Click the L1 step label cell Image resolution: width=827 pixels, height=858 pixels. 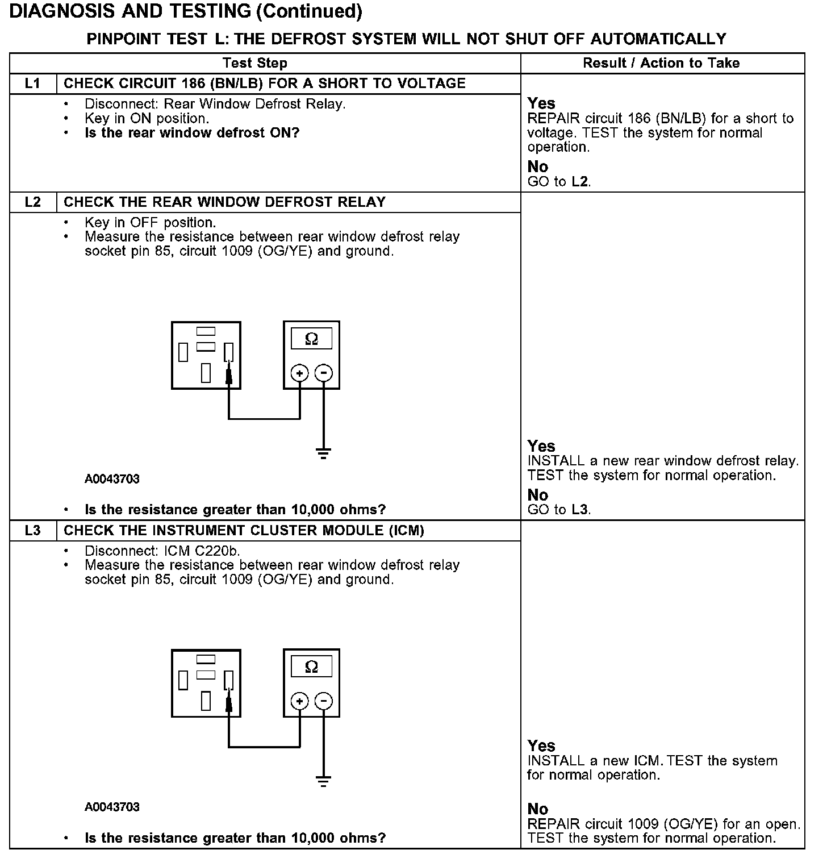[x=33, y=84]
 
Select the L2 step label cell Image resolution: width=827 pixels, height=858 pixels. [x=33, y=202]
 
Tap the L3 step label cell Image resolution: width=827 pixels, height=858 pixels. [x=33, y=531]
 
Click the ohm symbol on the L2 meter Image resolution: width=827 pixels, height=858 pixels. [x=311, y=339]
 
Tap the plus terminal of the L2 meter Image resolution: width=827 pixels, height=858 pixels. [x=299, y=373]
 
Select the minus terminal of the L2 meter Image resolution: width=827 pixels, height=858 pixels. [x=323, y=373]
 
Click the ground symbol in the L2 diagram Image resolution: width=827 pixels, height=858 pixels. [x=323, y=453]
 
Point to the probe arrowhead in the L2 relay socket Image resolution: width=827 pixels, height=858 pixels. [x=229, y=375]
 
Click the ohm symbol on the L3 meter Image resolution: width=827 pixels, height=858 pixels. [x=311, y=667]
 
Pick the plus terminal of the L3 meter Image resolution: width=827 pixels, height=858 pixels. [x=299, y=701]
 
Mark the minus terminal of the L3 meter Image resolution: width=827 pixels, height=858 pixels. [x=323, y=701]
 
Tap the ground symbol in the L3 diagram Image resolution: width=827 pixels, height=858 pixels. [x=323, y=781]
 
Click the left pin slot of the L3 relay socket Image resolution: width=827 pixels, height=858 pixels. [x=183, y=680]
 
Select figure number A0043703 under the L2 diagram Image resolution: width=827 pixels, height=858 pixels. [x=112, y=479]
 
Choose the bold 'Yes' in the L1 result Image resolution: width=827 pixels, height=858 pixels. [x=541, y=103]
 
